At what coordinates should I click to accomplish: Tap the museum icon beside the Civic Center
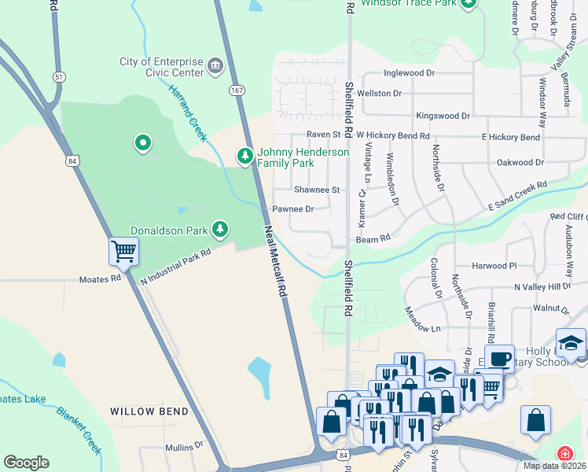(x=215, y=63)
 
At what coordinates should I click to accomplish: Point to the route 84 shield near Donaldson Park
(x=72, y=160)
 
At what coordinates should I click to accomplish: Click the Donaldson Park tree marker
(x=221, y=230)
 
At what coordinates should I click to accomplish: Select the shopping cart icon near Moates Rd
(x=123, y=251)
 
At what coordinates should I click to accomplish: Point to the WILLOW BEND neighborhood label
(x=149, y=411)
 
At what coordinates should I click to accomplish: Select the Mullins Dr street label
(x=184, y=447)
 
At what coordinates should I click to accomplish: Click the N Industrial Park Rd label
(x=176, y=266)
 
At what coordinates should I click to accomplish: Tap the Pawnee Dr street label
(x=292, y=209)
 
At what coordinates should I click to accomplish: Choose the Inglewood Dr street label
(x=409, y=73)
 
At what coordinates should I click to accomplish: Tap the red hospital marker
(x=564, y=454)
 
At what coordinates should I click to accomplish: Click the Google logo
(x=26, y=463)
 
